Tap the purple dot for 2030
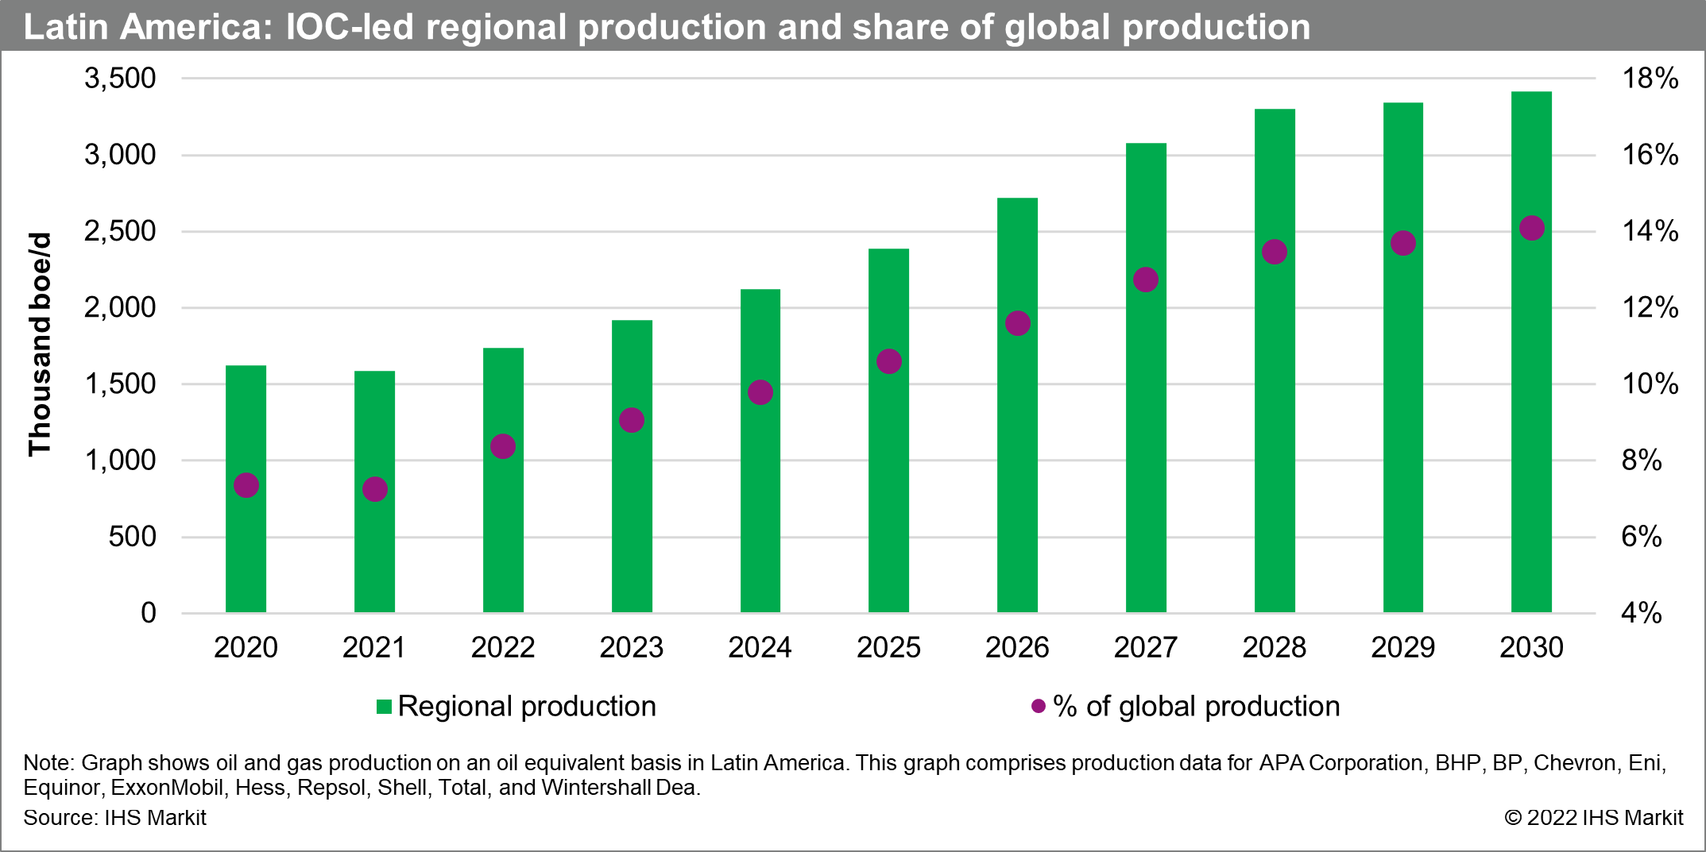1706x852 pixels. coord(1531,228)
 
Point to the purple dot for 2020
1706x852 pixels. coord(246,485)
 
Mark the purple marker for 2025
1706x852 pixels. coord(888,361)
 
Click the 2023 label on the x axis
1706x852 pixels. coord(631,648)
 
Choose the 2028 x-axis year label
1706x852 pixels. coord(1274,648)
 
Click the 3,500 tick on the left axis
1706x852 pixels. coord(120,79)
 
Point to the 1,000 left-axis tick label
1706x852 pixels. coord(120,461)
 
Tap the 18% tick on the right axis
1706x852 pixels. coord(1650,79)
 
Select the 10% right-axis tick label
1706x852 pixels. coord(1650,384)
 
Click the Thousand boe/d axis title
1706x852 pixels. coord(40,345)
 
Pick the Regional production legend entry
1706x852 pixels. coord(516,706)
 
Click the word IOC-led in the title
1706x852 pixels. coord(350,27)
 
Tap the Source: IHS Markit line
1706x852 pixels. coord(114,818)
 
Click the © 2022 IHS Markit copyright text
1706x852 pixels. coord(1593,818)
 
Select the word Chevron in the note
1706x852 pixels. coord(1574,763)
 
